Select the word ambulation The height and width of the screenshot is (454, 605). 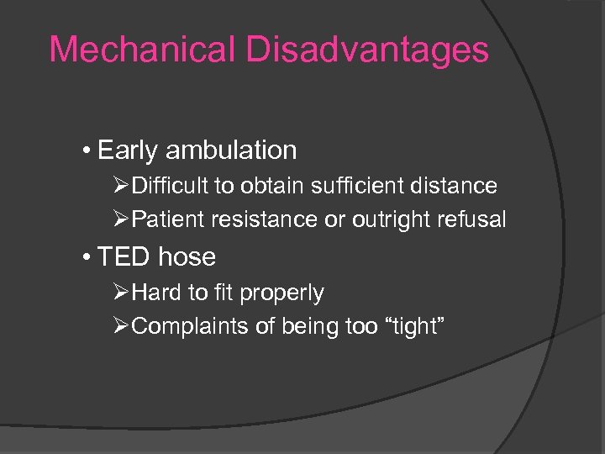click(231, 150)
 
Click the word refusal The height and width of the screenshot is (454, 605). click(474, 220)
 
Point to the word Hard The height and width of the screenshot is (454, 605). click(153, 293)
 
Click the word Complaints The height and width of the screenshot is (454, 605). click(187, 327)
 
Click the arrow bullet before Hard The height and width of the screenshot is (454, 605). click(122, 293)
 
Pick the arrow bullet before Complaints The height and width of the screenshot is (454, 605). click(122, 327)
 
